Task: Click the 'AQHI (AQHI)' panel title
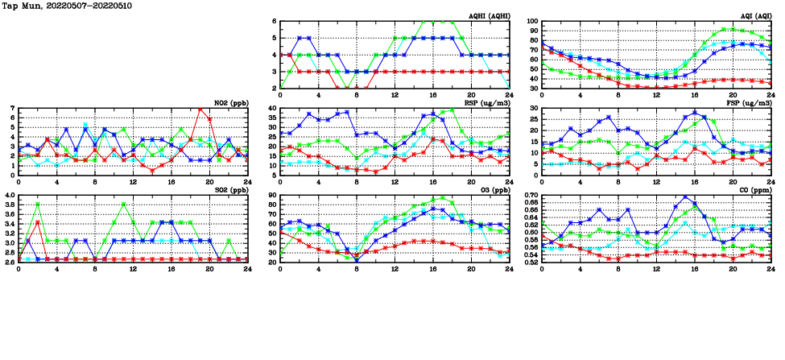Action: [x=488, y=15]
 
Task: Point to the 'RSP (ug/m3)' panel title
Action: [x=488, y=102]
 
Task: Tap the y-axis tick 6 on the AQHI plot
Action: [x=275, y=21]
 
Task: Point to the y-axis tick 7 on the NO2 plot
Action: [x=12, y=108]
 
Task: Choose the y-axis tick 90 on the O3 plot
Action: [x=273, y=195]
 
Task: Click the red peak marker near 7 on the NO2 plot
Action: [x=200, y=109]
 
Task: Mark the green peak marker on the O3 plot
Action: [x=443, y=197]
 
